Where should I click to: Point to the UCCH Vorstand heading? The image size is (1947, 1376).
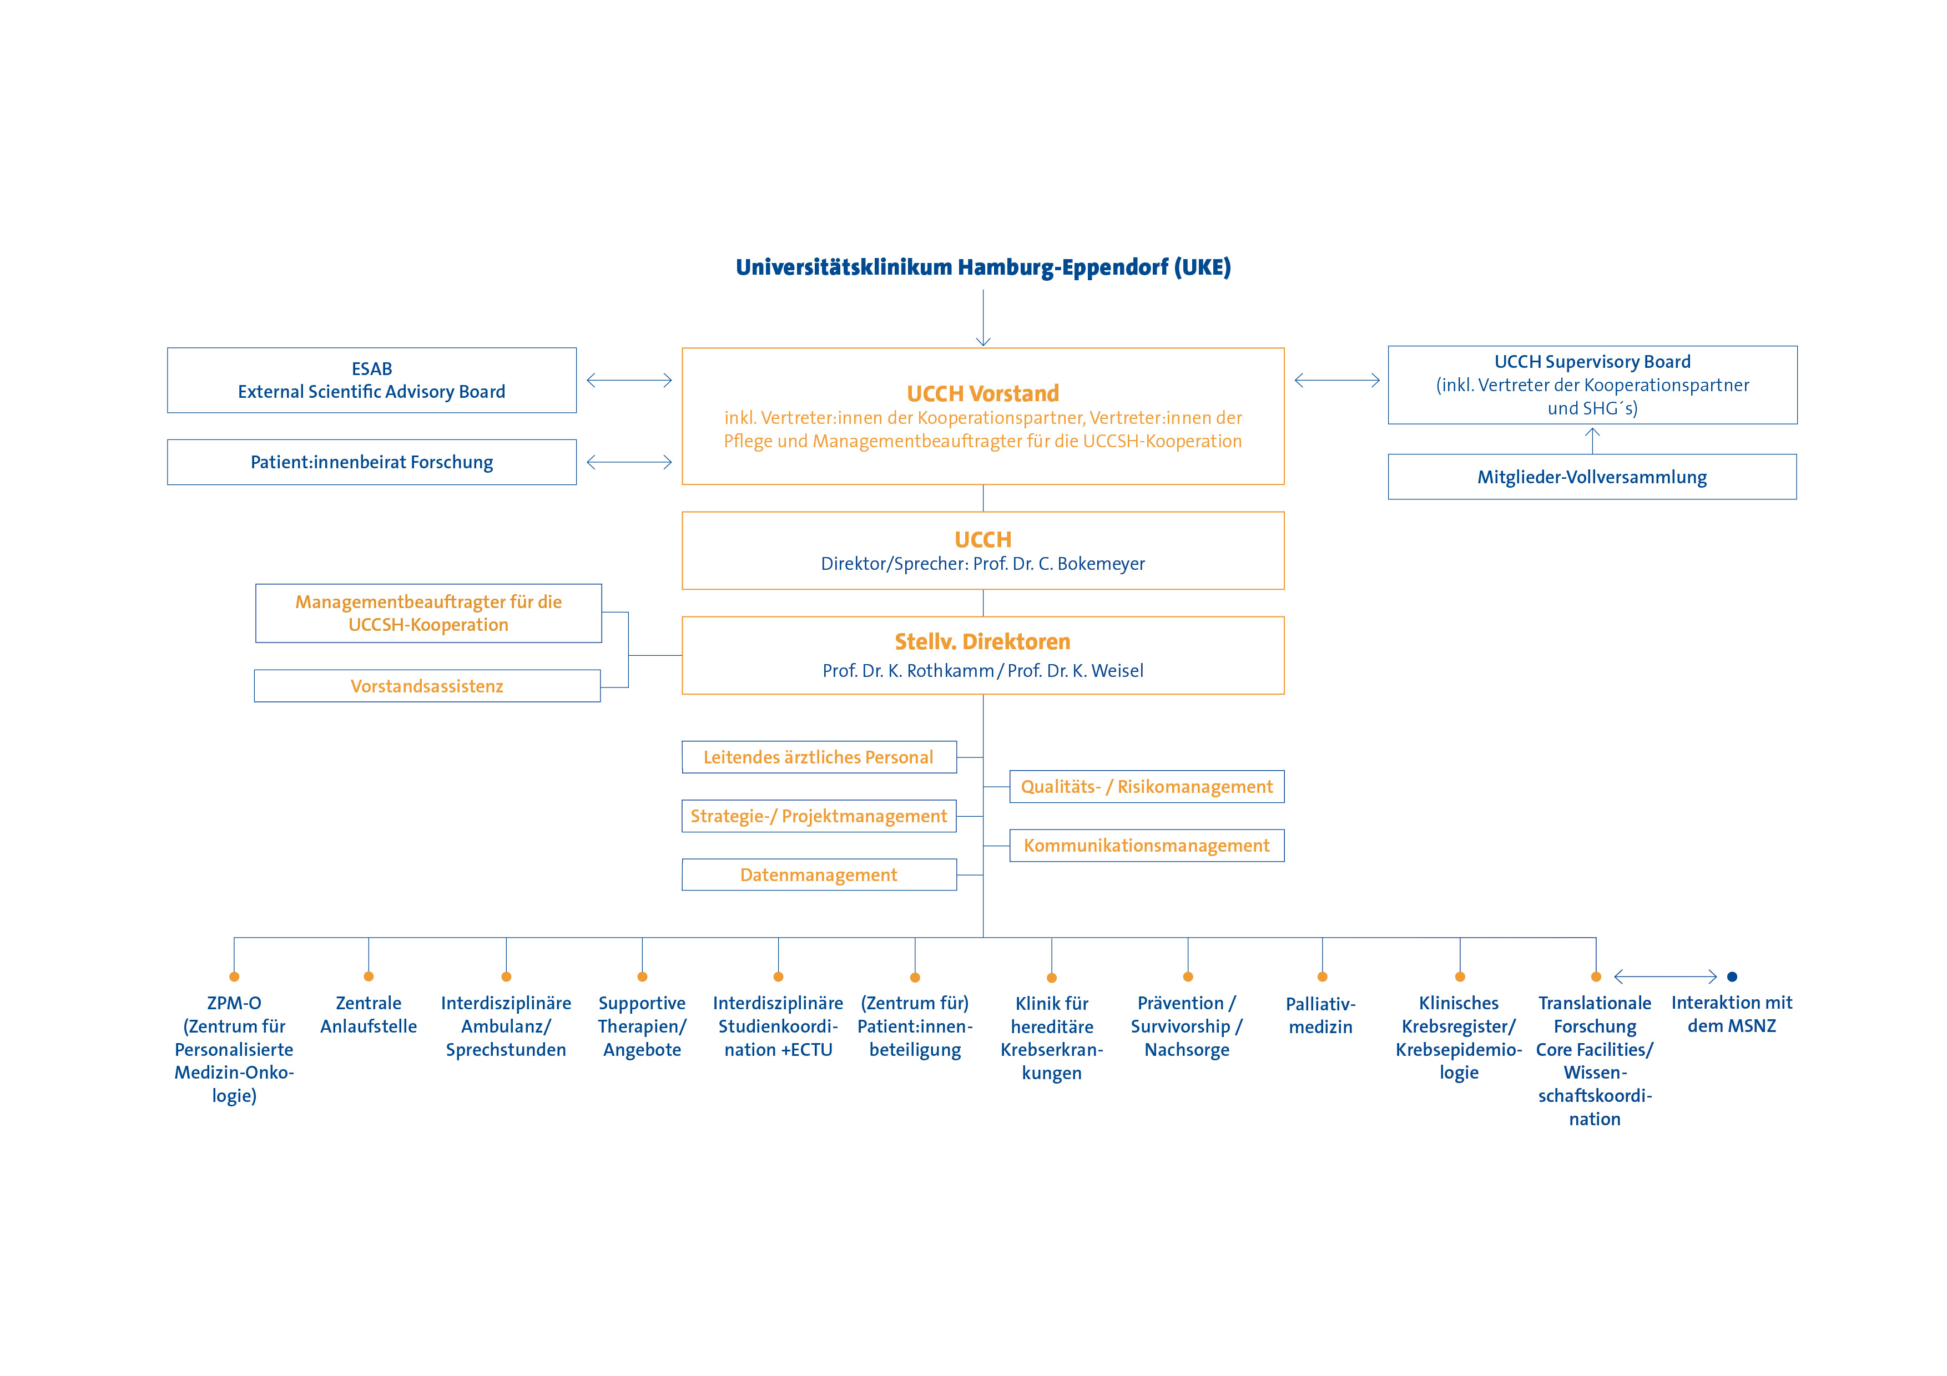[983, 393]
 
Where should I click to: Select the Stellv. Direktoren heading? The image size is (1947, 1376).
[983, 642]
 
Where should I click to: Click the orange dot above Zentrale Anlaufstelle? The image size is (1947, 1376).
[369, 977]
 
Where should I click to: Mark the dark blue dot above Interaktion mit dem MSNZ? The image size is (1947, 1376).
[1732, 977]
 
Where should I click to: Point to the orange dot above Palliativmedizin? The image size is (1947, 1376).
[1323, 977]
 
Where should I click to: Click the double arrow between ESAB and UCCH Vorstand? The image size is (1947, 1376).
[629, 381]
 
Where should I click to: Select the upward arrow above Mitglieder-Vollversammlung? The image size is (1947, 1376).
[1592, 440]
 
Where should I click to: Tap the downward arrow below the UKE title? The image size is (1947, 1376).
[983, 318]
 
